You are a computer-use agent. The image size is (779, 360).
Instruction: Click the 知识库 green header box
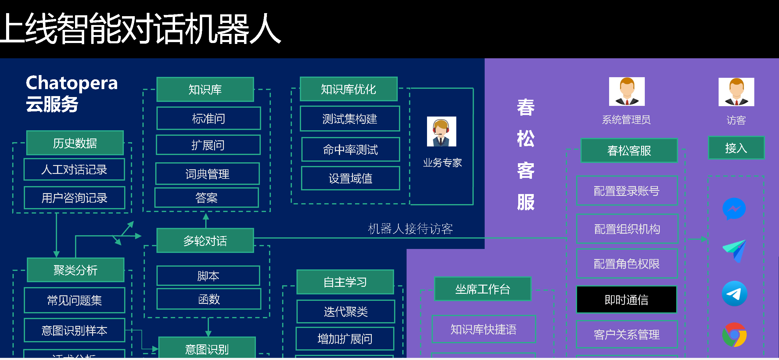(205, 89)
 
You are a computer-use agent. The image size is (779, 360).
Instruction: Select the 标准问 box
(209, 118)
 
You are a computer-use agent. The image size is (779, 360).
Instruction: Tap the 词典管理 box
(207, 174)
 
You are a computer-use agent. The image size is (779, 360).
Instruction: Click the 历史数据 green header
(75, 143)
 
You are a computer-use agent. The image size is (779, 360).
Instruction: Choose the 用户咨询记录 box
(74, 198)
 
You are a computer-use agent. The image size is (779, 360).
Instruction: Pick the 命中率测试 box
(350, 149)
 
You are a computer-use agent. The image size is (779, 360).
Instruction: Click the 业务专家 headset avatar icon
(441, 131)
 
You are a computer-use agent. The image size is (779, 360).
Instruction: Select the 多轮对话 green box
(205, 241)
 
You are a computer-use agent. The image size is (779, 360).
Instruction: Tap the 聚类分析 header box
(75, 270)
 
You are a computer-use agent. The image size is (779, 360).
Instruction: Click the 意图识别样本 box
(74, 330)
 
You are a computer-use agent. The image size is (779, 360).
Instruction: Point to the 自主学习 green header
(345, 282)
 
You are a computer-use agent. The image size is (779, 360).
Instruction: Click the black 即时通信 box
(626, 300)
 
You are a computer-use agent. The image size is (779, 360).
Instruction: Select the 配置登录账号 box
(627, 191)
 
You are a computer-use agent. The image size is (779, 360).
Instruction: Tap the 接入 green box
(736, 148)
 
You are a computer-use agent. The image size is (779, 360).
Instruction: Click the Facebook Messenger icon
(734, 209)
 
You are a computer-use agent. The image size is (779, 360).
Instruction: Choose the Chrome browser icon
(734, 335)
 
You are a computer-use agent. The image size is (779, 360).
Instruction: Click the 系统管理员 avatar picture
(626, 92)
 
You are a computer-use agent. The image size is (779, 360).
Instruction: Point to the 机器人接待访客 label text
(410, 229)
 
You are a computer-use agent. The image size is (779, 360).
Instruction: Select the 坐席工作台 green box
(483, 289)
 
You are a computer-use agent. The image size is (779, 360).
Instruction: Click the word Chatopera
(72, 83)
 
